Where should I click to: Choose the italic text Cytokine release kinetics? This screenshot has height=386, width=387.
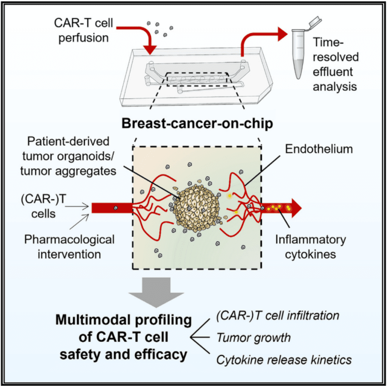tap(283, 360)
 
